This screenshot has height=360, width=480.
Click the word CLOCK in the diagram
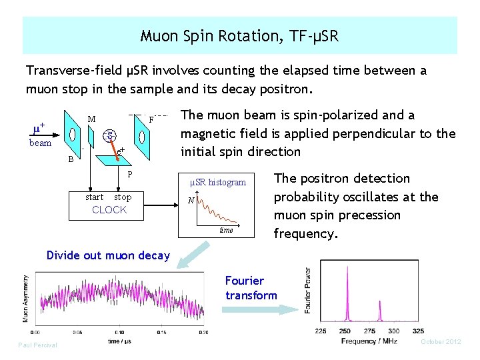[109, 210]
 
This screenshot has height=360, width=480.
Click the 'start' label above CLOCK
[95, 197]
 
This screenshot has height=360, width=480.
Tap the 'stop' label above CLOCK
[123, 197]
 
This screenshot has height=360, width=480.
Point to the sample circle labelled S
[111, 136]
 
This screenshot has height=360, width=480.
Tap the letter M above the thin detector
[91, 119]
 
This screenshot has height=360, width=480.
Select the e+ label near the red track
[121, 152]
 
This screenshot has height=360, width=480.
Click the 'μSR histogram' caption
[218, 182]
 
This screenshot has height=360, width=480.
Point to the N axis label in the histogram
[191, 201]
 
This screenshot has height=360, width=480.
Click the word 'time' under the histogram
[226, 230]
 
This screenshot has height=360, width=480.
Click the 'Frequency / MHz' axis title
[369, 341]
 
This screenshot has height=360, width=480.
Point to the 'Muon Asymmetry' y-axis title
[27, 298]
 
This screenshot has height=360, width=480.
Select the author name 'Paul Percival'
[37, 345]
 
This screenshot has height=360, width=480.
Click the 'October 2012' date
[441, 341]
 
